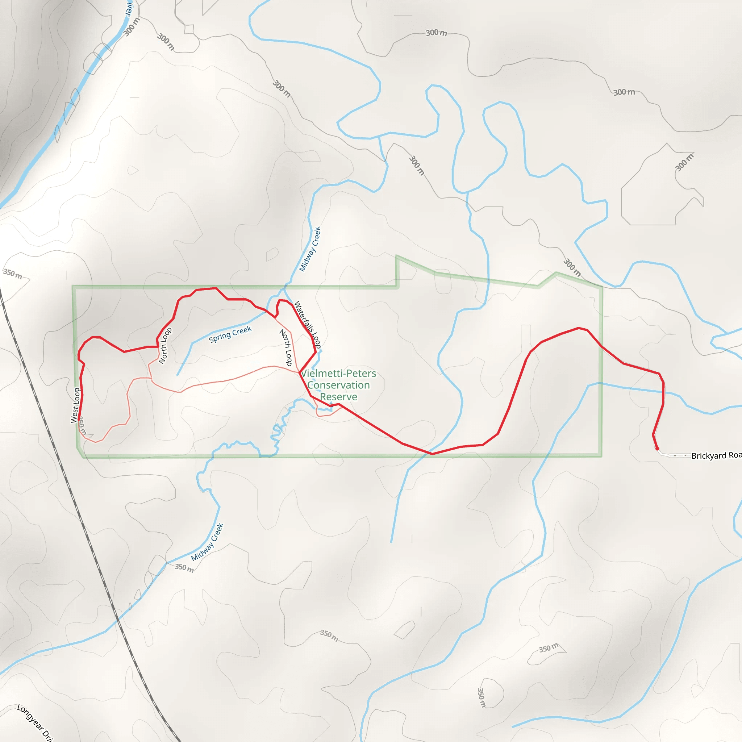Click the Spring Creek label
pyautogui.click(x=230, y=334)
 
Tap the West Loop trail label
pyautogui.click(x=76, y=405)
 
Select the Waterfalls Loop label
pyautogui.click(x=307, y=325)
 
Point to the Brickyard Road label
pyautogui.click(x=716, y=455)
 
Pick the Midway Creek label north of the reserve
pyautogui.click(x=310, y=249)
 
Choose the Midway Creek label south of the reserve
pyautogui.click(x=207, y=542)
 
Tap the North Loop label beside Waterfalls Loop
pyautogui.click(x=286, y=347)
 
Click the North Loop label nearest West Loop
pyautogui.click(x=165, y=346)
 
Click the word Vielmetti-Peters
pyautogui.click(x=338, y=373)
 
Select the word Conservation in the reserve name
pyautogui.click(x=338, y=385)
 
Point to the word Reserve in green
pyautogui.click(x=338, y=396)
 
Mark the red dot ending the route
pyautogui.click(x=657, y=449)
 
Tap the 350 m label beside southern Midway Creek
pyautogui.click(x=184, y=568)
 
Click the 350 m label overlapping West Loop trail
pyautogui.click(x=83, y=426)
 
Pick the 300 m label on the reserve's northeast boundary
pyautogui.click(x=572, y=267)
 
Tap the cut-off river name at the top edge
pyautogui.click(x=129, y=8)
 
